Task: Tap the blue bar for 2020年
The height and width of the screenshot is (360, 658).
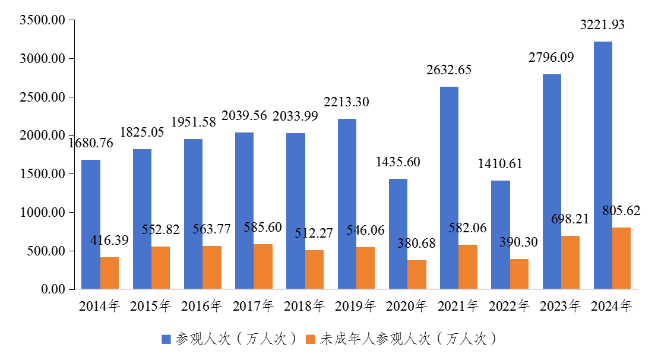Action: (398, 234)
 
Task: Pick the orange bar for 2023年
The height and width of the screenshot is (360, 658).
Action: (570, 263)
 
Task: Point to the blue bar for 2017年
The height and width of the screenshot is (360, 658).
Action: (244, 211)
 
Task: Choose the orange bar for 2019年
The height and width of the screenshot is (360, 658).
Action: (365, 268)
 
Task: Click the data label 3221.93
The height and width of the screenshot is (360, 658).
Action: (602, 25)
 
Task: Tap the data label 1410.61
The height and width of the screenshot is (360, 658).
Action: (500, 164)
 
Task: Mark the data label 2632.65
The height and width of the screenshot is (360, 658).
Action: (449, 70)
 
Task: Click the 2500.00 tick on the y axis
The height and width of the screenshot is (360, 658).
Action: (42, 97)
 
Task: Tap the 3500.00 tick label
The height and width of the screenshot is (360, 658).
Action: (42, 20)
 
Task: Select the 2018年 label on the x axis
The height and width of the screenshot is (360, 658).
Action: (304, 307)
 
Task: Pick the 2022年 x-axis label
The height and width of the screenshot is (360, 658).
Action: (509, 307)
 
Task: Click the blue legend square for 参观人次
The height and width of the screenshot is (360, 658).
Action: (166, 339)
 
